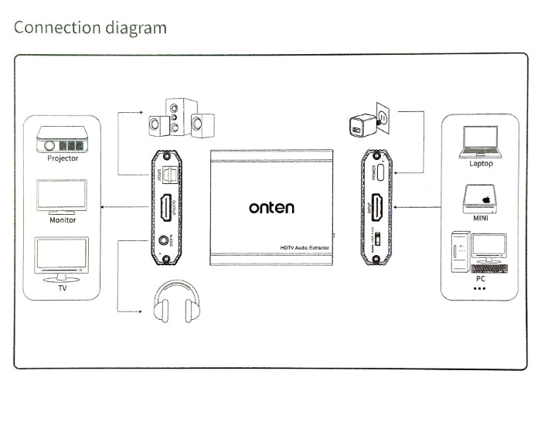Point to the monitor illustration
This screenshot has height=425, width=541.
[63, 197]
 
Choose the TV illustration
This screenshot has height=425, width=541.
[63, 259]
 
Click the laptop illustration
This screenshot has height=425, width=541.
[480, 141]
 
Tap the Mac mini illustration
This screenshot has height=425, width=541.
[480, 198]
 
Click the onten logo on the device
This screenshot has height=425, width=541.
[271, 207]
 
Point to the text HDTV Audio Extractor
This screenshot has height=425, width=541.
[305, 246]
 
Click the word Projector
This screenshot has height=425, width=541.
[63, 159]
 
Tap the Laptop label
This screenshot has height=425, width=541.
[480, 163]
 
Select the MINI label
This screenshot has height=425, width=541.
[480, 218]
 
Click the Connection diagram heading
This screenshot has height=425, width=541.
[90, 28]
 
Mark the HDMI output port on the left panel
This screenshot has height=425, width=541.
[165, 207]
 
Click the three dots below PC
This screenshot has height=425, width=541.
[480, 288]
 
